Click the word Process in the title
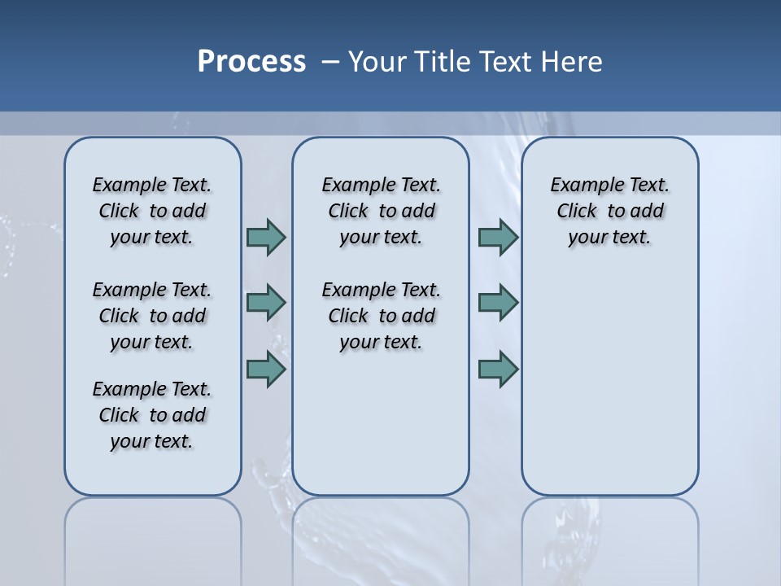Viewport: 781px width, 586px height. (x=251, y=62)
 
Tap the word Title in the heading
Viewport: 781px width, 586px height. (x=444, y=62)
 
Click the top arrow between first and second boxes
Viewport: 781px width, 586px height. (x=266, y=237)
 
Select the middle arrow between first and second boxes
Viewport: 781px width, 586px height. (x=266, y=303)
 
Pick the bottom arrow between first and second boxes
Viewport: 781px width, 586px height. (x=266, y=369)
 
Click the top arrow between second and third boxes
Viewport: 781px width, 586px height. (x=498, y=237)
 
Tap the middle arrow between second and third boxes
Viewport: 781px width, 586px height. (x=498, y=303)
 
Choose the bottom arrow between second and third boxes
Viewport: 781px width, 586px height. (x=498, y=369)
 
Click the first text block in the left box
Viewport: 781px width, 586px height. (x=152, y=211)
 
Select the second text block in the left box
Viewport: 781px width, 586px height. (x=152, y=316)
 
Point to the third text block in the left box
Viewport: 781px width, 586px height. (x=152, y=415)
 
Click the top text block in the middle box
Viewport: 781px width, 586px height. (x=381, y=211)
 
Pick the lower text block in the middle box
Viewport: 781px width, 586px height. (x=381, y=316)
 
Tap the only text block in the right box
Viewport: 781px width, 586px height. (x=609, y=211)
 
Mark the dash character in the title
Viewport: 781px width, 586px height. (x=330, y=62)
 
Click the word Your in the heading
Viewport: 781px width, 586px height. (x=378, y=62)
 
